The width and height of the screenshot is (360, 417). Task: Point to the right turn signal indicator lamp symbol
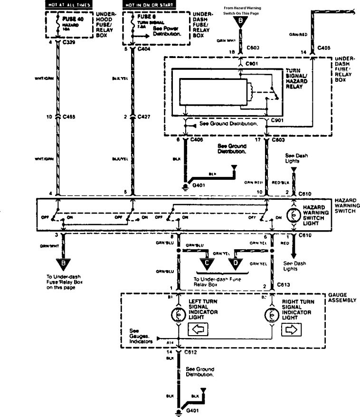pyautogui.click(x=271, y=315)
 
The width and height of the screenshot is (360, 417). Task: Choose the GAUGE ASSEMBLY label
pyautogui.click(x=341, y=298)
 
